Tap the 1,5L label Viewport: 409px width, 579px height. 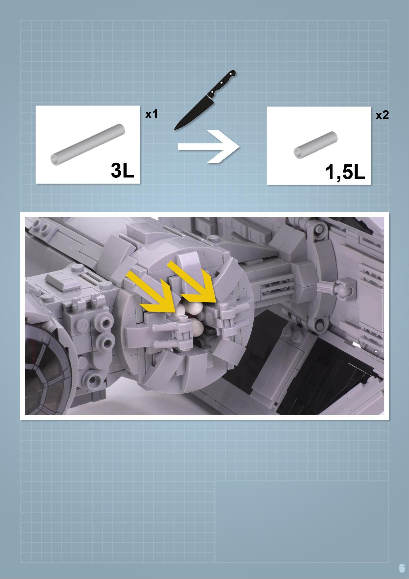click(345, 172)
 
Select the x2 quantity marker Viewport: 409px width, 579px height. click(382, 115)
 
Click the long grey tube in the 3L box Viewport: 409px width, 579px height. click(88, 144)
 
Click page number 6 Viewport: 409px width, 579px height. click(401, 568)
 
